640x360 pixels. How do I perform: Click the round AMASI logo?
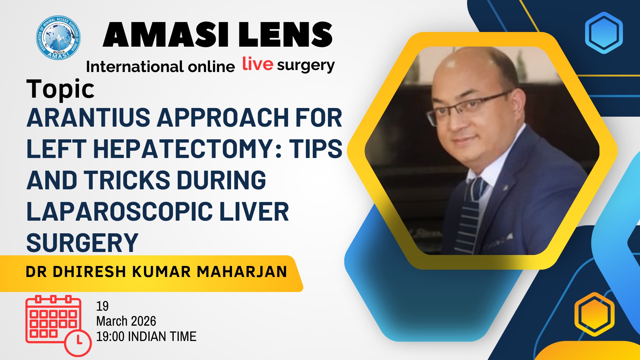point(58,38)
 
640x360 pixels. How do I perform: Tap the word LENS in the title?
point(286,35)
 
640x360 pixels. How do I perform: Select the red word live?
point(258,64)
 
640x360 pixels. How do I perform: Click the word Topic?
point(60,89)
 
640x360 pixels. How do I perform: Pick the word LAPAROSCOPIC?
point(120,212)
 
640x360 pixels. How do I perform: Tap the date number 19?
point(102,306)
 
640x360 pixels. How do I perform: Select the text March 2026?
point(126,321)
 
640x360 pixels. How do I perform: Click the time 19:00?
point(110,337)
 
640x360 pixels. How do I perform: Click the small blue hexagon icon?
point(604,33)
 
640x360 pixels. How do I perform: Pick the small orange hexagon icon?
point(594,314)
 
